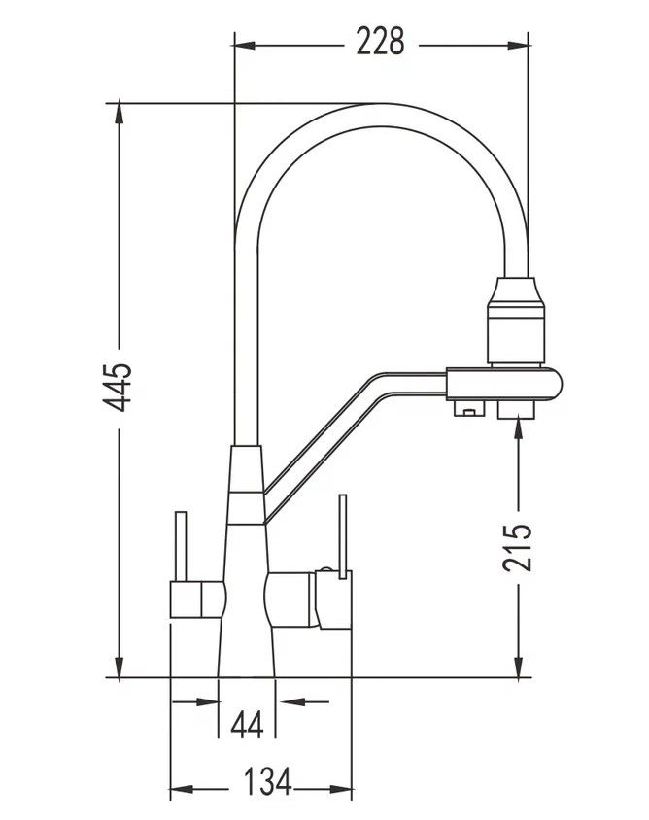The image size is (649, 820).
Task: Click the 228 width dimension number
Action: pyautogui.click(x=380, y=42)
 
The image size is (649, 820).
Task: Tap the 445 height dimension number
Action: pyautogui.click(x=118, y=387)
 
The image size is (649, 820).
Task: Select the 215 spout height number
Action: pyautogui.click(x=517, y=546)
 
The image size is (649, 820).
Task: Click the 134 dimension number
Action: pyautogui.click(x=268, y=781)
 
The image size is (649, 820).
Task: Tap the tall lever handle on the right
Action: pyautogui.click(x=343, y=536)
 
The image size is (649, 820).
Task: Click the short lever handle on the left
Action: pyautogui.click(x=181, y=546)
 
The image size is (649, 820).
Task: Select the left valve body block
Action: pyautogui.click(x=197, y=598)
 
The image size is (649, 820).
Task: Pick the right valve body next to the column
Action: pyautogui.click(x=291, y=599)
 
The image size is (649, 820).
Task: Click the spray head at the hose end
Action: pyautogui.click(x=516, y=321)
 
